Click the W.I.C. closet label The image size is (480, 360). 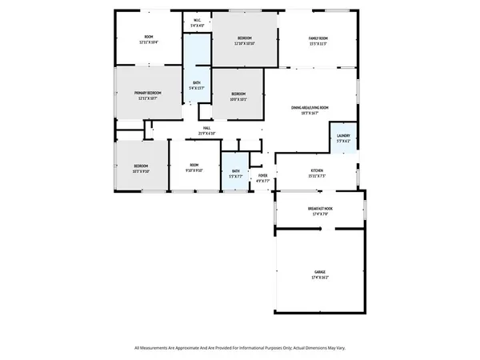tap(197, 21)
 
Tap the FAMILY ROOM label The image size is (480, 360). tap(318, 38)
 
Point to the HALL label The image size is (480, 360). tap(206, 128)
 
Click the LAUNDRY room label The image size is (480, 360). tap(343, 135)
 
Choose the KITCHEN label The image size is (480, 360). tap(317, 171)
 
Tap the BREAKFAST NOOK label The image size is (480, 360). tap(320, 208)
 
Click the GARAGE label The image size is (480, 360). tap(320, 272)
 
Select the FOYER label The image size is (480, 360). tap(262, 174)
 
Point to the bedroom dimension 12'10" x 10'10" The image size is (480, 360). tap(244, 43)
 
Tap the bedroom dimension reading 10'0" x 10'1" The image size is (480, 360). tap(243, 99)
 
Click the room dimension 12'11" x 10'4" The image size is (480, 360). tap(149, 42)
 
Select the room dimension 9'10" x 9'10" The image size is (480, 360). tap(194, 170)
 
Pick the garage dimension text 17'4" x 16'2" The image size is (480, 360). tap(320, 277)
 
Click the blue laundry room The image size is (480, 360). tap(343, 138)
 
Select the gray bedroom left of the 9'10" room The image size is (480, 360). tap(141, 166)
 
